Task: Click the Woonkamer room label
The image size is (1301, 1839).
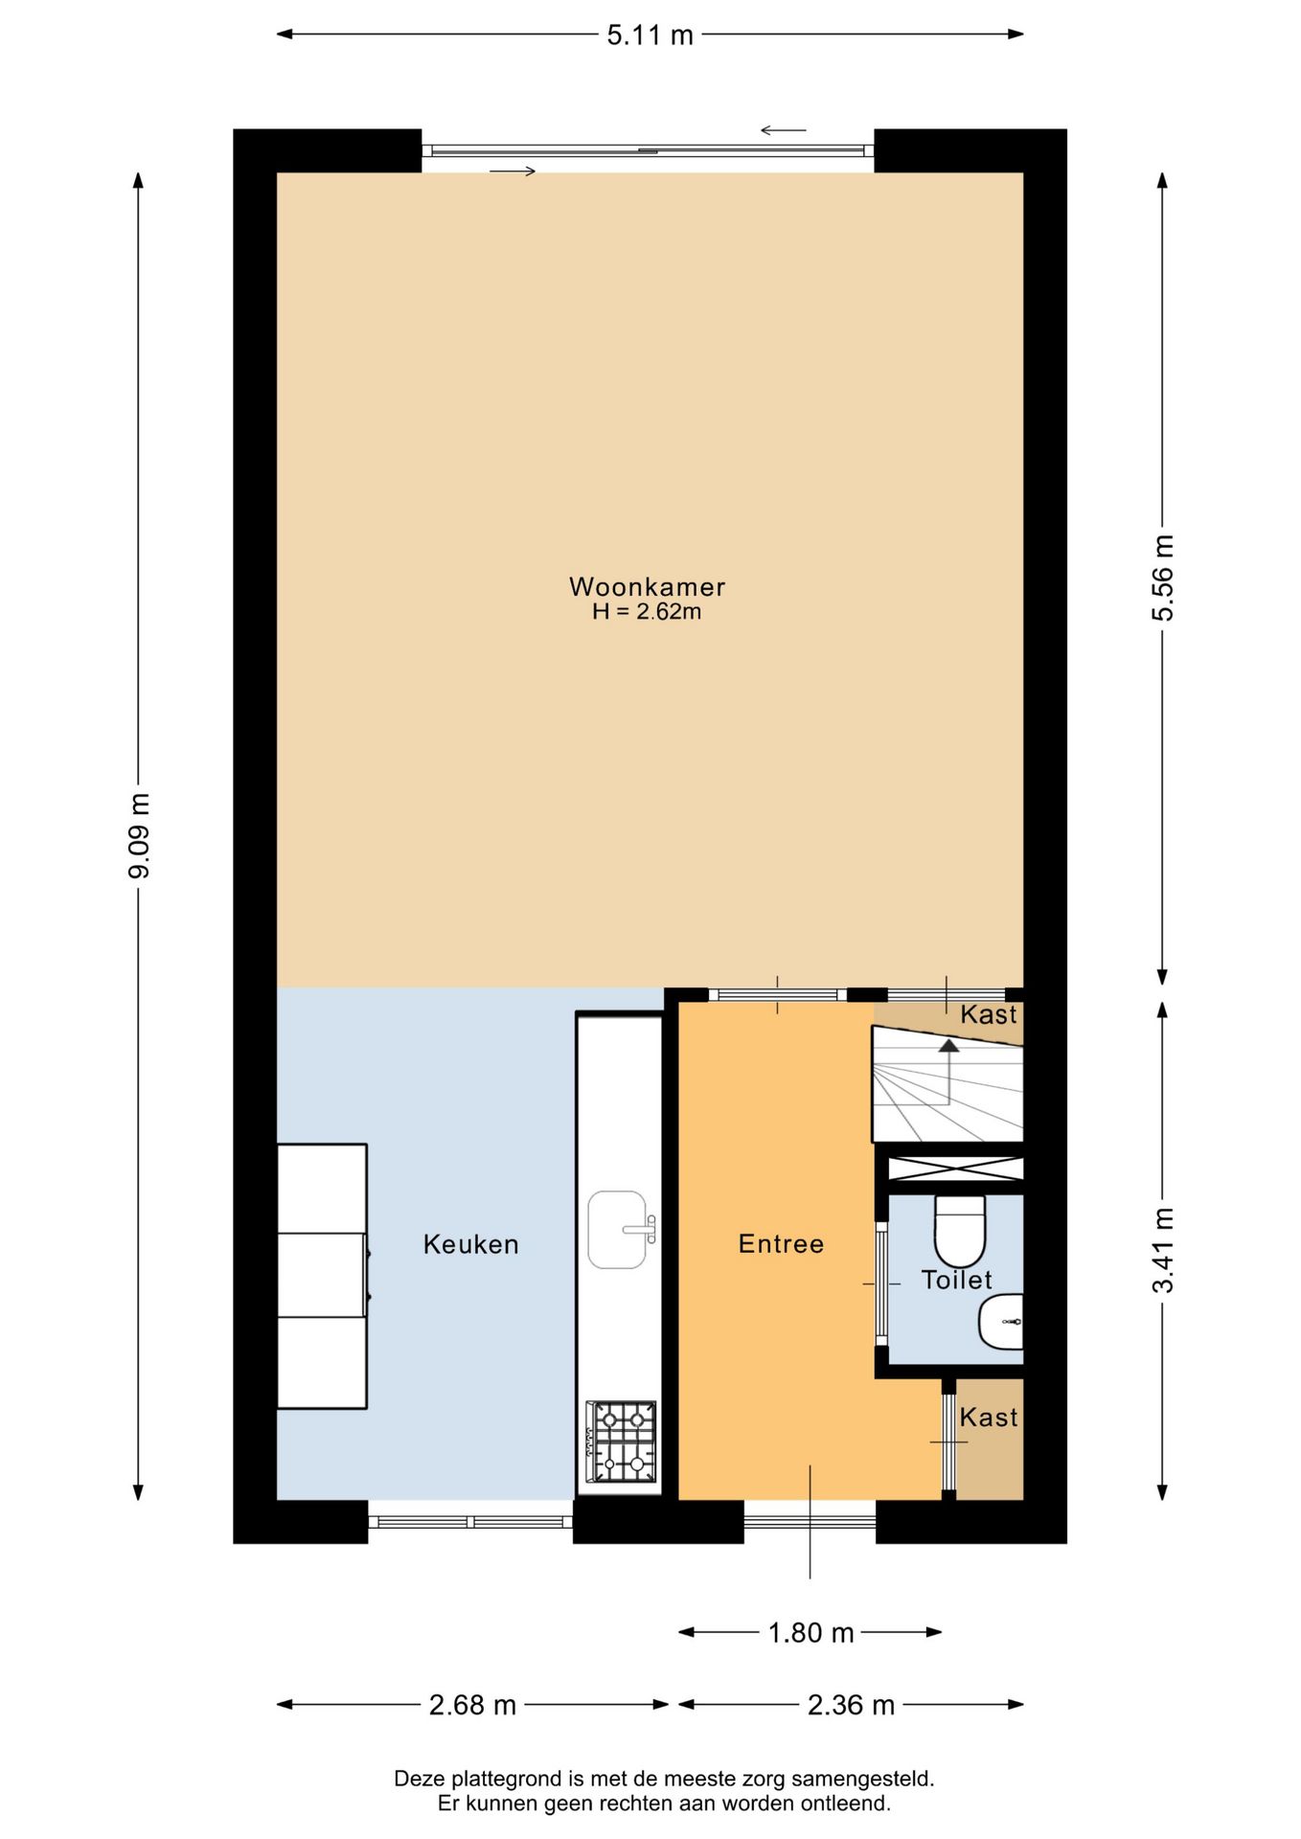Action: point(647,586)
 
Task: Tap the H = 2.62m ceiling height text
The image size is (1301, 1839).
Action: point(647,612)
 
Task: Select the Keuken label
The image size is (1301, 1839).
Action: point(471,1244)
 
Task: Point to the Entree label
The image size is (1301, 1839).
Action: point(781,1244)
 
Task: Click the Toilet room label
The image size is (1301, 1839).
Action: point(956,1280)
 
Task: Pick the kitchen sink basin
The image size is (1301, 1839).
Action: point(618,1230)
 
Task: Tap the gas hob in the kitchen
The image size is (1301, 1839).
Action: point(622,1442)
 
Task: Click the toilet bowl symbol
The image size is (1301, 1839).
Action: point(959,1232)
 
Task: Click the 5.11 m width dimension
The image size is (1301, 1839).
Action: point(650,35)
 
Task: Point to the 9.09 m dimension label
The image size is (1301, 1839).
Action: point(139,836)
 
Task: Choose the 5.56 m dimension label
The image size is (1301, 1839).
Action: point(1162,579)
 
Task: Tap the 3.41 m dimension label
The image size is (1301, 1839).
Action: point(1162,1251)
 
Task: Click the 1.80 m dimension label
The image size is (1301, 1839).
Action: point(810,1632)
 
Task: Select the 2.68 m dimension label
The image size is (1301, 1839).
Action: point(472,1705)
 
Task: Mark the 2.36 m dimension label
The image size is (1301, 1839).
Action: point(851,1705)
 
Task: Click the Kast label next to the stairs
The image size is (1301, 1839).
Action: point(989,1015)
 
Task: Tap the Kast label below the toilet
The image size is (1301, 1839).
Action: point(989,1418)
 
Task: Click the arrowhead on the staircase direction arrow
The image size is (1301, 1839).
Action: point(948,1045)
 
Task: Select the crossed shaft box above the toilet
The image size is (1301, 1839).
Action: point(955,1169)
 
